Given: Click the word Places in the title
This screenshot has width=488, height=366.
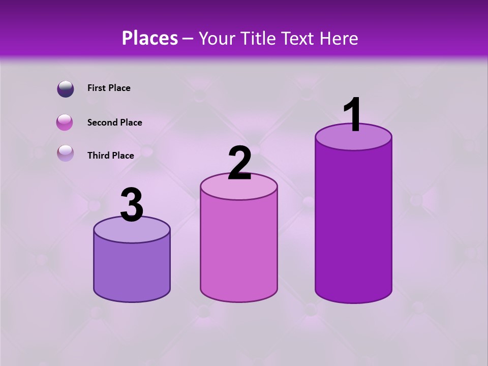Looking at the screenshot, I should tap(149, 38).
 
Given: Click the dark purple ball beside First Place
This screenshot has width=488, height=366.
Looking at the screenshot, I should tap(65, 88).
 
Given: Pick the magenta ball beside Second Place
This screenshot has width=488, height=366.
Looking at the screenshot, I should tap(65, 123).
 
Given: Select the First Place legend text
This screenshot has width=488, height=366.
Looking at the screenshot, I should tap(109, 88).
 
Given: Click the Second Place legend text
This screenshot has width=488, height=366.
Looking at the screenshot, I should tap(114, 123).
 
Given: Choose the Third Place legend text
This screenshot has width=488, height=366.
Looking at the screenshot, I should tap(110, 156).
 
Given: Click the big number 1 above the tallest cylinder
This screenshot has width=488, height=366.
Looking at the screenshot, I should tap(353, 115).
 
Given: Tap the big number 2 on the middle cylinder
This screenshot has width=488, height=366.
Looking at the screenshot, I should tap(239, 164).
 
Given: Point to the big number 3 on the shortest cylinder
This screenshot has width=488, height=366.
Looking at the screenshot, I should tap(132, 205).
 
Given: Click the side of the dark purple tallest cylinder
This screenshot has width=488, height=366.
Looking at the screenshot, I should tap(353, 224).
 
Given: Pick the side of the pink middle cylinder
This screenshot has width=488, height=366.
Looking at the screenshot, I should tap(239, 249).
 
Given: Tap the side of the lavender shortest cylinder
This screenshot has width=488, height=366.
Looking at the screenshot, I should tap(132, 269).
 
